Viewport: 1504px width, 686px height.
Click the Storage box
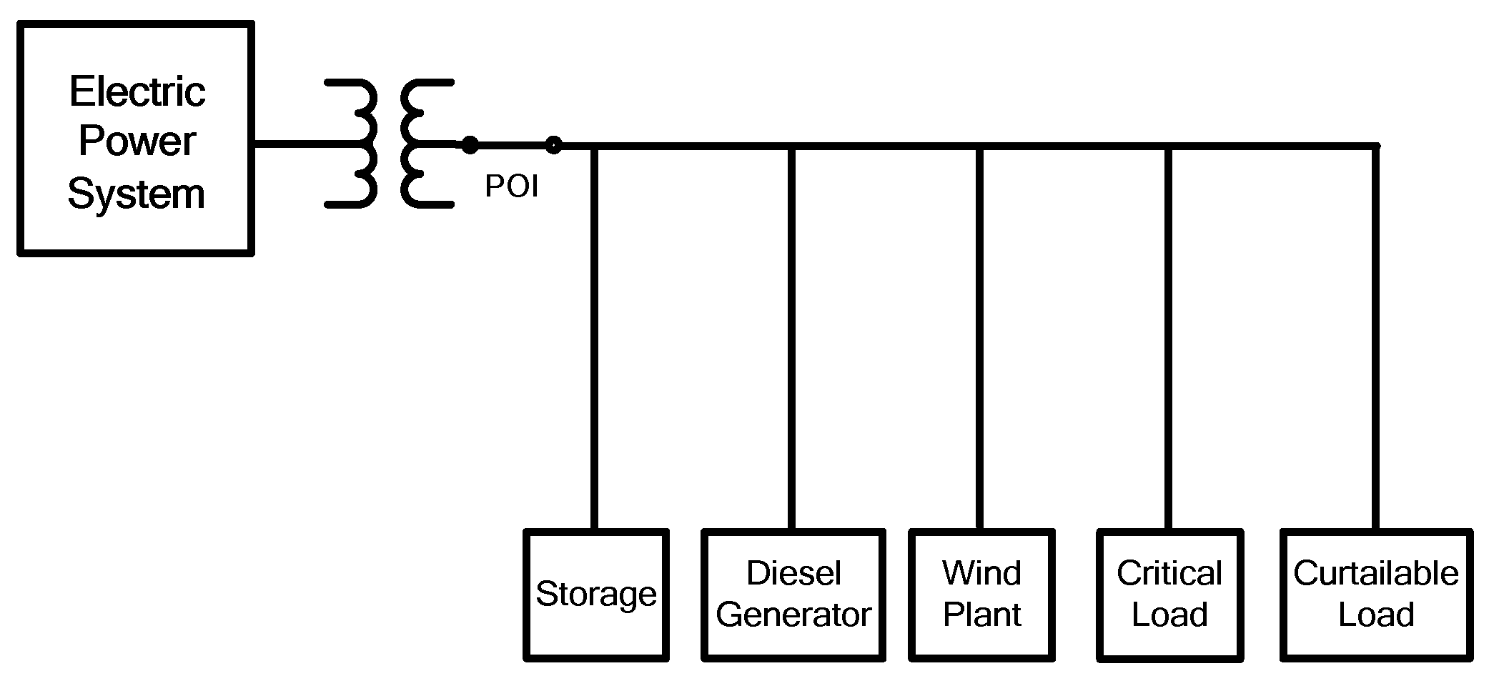[x=596, y=595]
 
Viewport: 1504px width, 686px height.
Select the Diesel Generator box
[x=793, y=595]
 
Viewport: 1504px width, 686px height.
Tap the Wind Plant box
[x=981, y=595]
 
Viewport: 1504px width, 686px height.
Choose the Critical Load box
[x=1169, y=595]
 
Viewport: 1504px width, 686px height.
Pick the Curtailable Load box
[x=1376, y=595]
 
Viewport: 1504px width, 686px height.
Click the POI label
[x=511, y=187]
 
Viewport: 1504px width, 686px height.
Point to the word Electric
[x=137, y=91]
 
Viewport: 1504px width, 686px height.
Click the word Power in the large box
[x=137, y=141]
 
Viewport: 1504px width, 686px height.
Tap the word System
[x=136, y=194]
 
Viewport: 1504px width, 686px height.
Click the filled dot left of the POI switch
[x=469, y=145]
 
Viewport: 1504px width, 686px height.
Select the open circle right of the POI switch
[x=553, y=145]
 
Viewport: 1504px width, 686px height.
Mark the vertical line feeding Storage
[x=594, y=336]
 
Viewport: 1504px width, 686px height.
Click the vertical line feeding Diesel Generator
[x=791, y=336]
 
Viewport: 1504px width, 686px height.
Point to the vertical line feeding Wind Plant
[x=979, y=336]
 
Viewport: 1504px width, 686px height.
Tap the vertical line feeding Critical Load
[x=1168, y=336]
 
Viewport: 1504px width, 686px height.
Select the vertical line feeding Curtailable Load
[x=1375, y=336]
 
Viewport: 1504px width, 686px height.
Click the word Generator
[x=793, y=615]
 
